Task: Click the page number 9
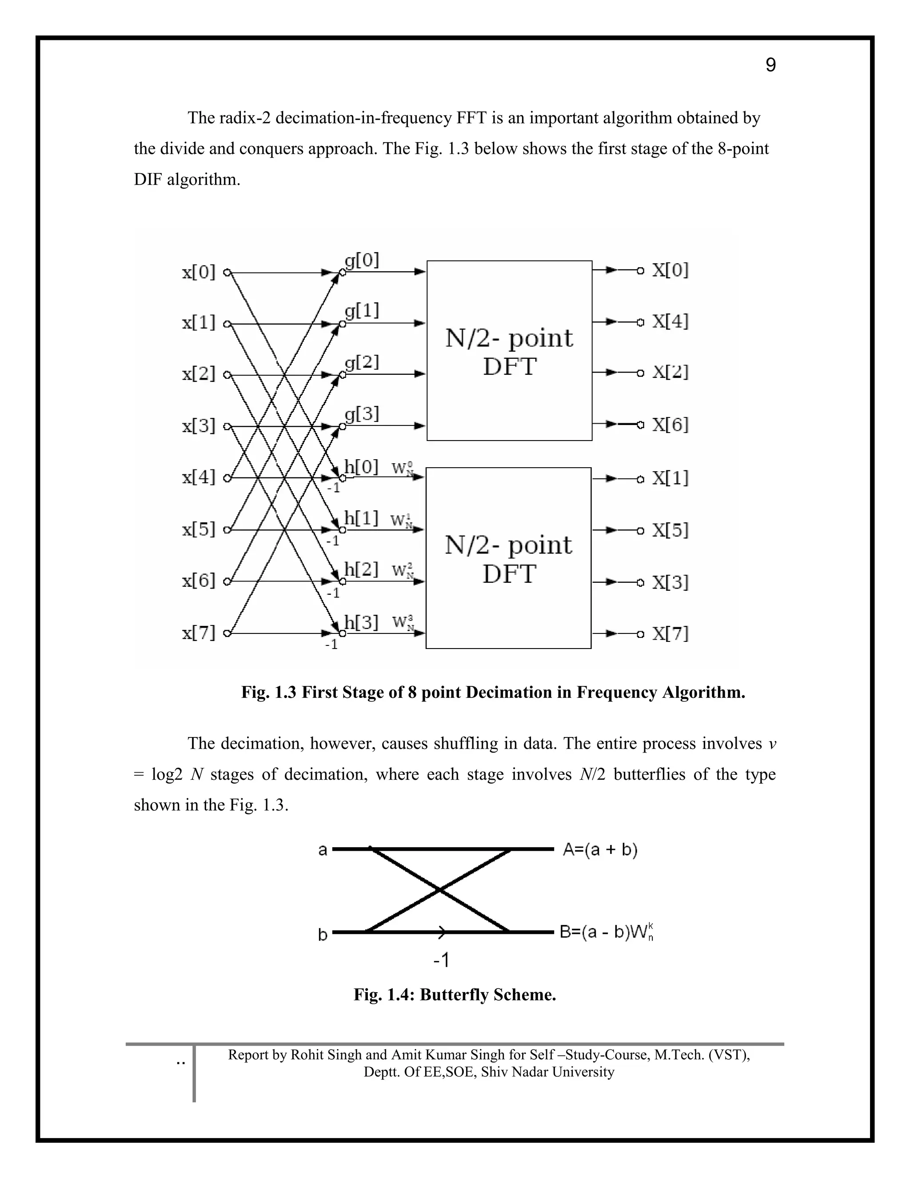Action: pyautogui.click(x=770, y=65)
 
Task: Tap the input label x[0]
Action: pyautogui.click(x=198, y=272)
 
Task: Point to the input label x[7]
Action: pyautogui.click(x=198, y=633)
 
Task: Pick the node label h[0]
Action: pyautogui.click(x=361, y=467)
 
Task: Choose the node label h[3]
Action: pyautogui.click(x=361, y=623)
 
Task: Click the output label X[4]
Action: pyautogui.click(x=670, y=322)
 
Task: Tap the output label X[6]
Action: pyautogui.click(x=670, y=425)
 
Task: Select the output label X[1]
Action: pyautogui.click(x=670, y=478)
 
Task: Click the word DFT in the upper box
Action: pyautogui.click(x=510, y=367)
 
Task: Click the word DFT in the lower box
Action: pyautogui.click(x=509, y=574)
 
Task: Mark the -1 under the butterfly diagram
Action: pyautogui.click(x=441, y=961)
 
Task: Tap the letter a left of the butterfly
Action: pyautogui.click(x=323, y=850)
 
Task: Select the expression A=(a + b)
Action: pyautogui.click(x=600, y=850)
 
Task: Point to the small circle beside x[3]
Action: pyautogui.click(x=227, y=427)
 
